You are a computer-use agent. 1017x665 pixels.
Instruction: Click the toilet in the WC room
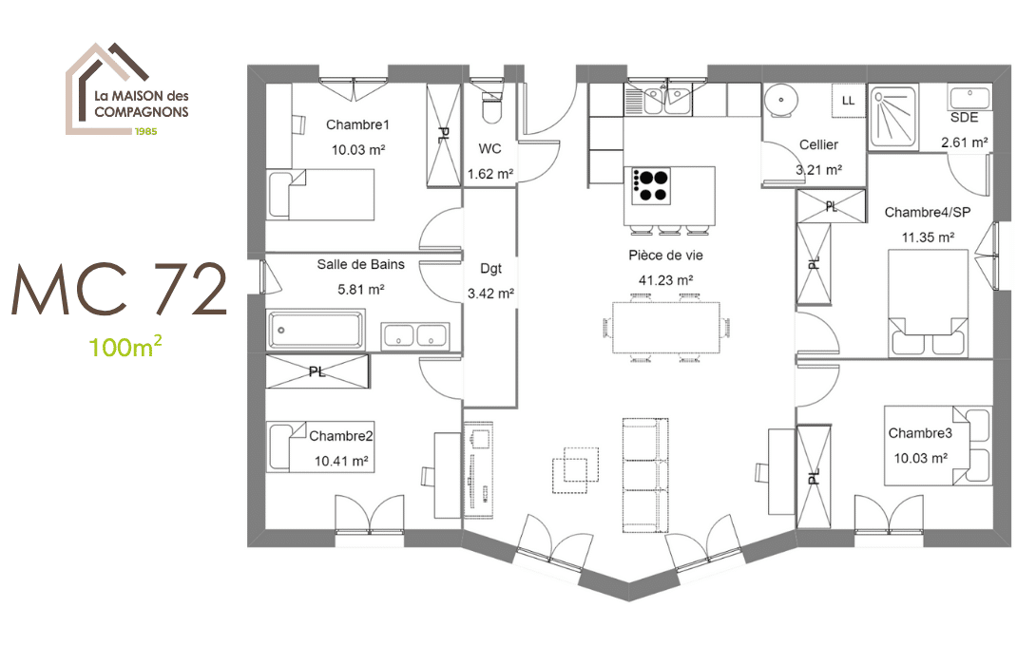492,106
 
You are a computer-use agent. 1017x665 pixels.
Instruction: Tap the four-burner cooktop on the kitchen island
650,186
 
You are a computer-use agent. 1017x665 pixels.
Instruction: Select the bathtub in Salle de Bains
316,330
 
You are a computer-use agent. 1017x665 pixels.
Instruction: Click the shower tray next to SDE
893,117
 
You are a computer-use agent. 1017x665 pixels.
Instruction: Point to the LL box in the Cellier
849,101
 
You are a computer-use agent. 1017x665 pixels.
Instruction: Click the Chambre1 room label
357,124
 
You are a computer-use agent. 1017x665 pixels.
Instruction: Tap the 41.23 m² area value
665,280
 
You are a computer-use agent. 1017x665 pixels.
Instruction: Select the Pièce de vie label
665,256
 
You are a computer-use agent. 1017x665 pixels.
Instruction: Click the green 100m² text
125,347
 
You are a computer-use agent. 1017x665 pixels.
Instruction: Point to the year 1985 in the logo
145,131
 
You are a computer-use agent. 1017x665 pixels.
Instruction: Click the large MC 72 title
120,290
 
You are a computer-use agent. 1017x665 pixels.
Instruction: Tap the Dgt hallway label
491,268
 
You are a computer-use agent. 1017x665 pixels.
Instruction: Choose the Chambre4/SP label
928,212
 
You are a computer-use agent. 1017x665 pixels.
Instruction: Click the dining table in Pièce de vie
666,328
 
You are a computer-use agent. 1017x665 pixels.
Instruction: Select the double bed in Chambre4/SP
928,303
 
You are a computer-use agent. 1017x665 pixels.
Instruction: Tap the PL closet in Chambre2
317,371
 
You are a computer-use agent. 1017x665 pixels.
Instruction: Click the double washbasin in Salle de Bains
414,335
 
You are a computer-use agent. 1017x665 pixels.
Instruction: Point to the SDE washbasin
969,98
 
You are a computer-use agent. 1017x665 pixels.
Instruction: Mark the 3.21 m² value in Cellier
818,170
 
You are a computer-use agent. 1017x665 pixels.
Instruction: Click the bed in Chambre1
320,195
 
